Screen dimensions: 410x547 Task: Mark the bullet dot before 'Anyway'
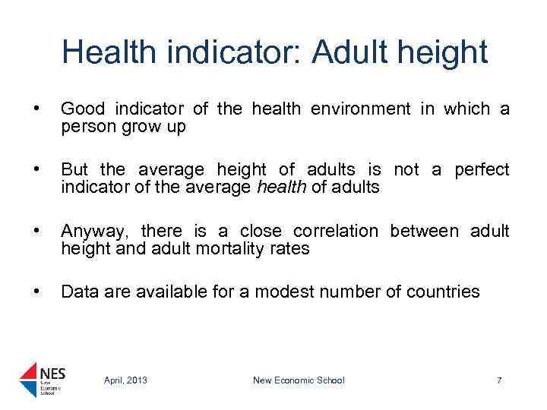point(27,231)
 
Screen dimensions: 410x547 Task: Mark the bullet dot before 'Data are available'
point(27,292)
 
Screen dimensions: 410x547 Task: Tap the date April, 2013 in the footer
point(125,380)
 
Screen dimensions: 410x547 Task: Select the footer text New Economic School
point(299,380)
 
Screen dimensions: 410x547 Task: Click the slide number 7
point(498,380)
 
